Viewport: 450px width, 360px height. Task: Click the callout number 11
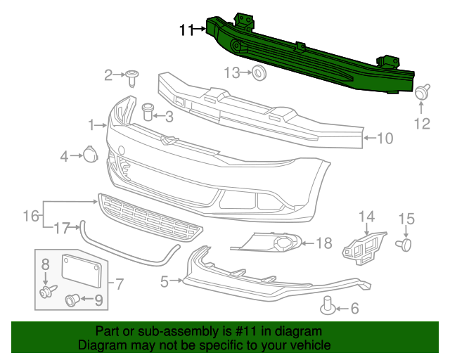187,30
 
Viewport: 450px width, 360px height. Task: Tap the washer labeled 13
259,73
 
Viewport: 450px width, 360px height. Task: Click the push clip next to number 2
132,78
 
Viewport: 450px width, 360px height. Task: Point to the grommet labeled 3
148,112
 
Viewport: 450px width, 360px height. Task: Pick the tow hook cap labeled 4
91,154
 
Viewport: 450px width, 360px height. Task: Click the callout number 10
385,139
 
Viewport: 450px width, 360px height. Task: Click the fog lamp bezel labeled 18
266,243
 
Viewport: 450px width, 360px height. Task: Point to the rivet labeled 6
328,305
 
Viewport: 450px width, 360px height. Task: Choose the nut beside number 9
72,300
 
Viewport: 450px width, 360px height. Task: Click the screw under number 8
48,291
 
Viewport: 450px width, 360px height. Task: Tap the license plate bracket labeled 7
82,271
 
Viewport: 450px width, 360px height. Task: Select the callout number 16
31,216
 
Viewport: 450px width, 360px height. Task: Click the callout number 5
165,282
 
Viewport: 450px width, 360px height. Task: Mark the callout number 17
62,229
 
